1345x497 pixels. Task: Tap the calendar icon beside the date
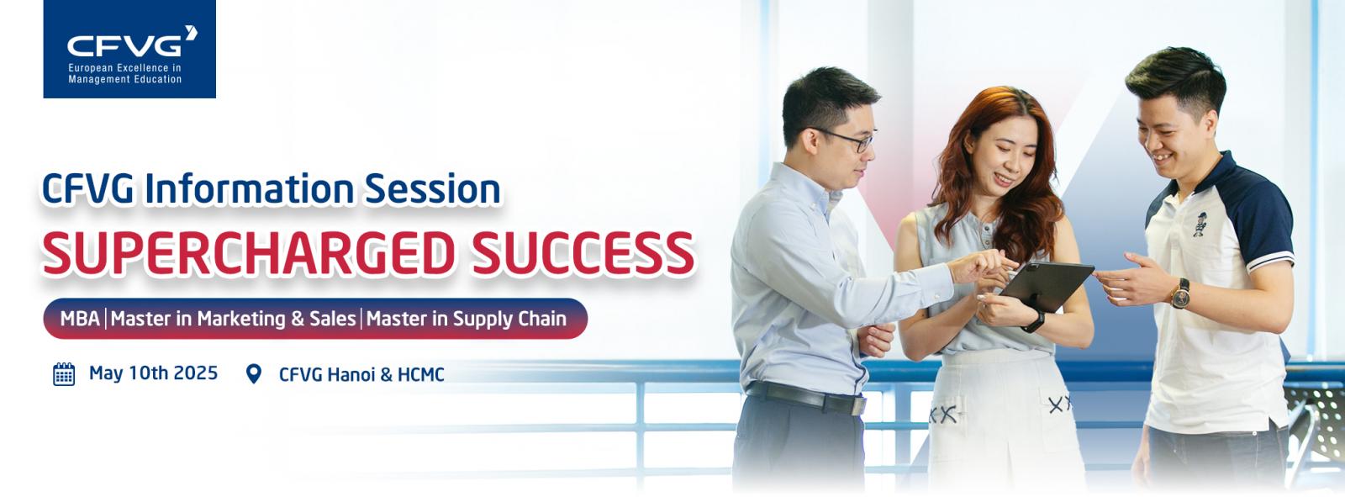point(64,374)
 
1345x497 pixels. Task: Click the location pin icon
point(254,374)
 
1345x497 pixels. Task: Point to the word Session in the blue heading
point(433,188)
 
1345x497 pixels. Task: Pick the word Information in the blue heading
point(249,188)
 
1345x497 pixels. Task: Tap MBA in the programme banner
point(80,319)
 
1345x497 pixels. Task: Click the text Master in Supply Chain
point(467,319)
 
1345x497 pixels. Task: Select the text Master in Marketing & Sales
point(233,319)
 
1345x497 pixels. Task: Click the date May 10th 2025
point(153,373)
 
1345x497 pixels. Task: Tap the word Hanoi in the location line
point(351,374)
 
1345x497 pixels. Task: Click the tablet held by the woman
point(1046,285)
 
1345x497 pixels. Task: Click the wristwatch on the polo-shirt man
point(1180,293)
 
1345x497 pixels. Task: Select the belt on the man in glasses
point(806,397)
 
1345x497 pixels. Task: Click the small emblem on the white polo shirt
point(1200,224)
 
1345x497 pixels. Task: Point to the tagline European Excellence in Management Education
point(125,73)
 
